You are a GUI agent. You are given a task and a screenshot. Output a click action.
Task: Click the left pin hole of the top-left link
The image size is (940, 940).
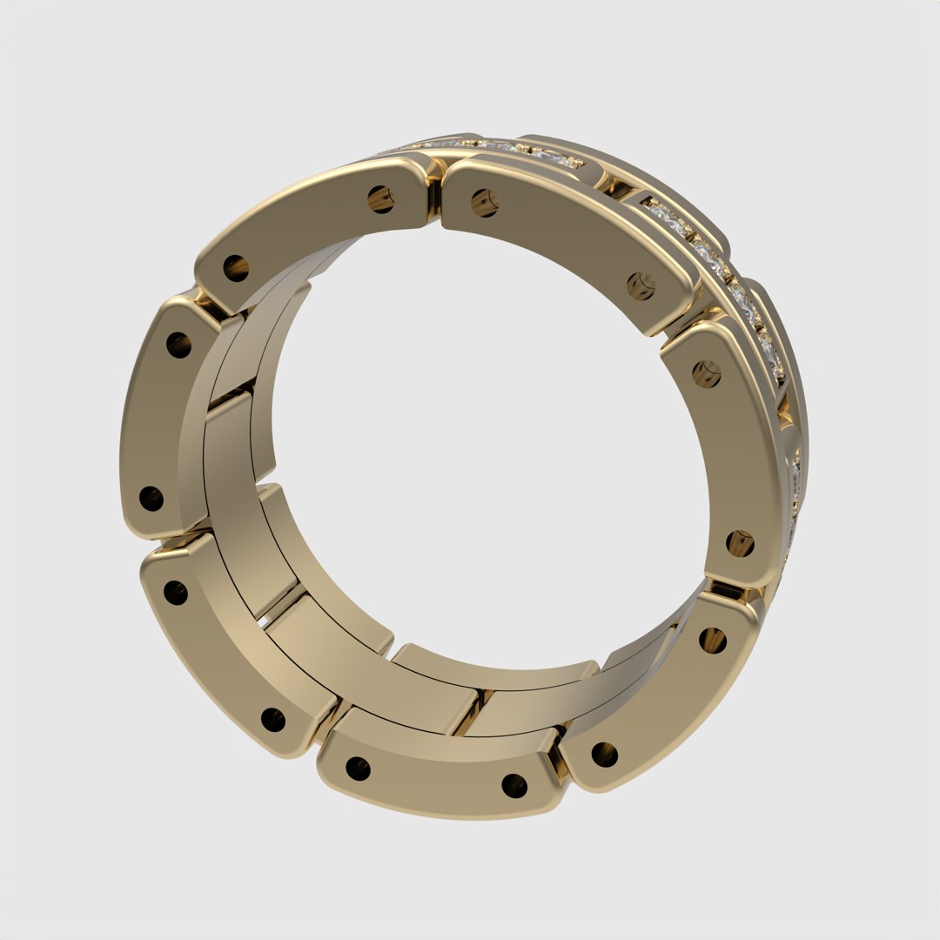[x=236, y=267]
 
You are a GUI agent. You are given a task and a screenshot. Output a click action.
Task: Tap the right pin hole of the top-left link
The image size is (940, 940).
[x=380, y=199]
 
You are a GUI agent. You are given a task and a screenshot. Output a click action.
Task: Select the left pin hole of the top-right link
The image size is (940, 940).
[x=484, y=204]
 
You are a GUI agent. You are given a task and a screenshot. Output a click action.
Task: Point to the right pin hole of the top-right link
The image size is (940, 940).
[x=641, y=285]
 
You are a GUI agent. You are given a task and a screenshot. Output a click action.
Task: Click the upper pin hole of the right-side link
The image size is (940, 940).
[x=707, y=373]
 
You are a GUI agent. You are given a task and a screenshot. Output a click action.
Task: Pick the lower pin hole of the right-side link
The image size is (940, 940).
[x=740, y=543]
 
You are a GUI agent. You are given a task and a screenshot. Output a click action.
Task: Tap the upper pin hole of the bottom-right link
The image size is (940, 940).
[x=712, y=640]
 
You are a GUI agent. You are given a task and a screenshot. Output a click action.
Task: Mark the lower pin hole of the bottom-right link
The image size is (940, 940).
[x=605, y=754]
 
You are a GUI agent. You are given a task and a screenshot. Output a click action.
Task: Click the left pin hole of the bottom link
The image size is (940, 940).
[x=358, y=769]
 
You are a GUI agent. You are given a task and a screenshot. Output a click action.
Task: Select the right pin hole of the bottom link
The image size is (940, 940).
[x=514, y=786]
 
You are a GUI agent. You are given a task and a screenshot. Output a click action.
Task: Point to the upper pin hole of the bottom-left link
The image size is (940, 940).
[x=175, y=592]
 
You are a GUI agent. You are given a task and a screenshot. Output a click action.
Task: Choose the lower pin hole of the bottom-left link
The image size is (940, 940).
[x=273, y=720]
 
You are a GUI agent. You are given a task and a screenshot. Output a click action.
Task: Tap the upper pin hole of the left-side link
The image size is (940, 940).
[x=178, y=346]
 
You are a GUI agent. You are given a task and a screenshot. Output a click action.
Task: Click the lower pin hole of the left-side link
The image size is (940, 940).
[x=151, y=499]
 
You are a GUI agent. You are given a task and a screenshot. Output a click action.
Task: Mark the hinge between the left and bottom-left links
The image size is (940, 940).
[x=178, y=533]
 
